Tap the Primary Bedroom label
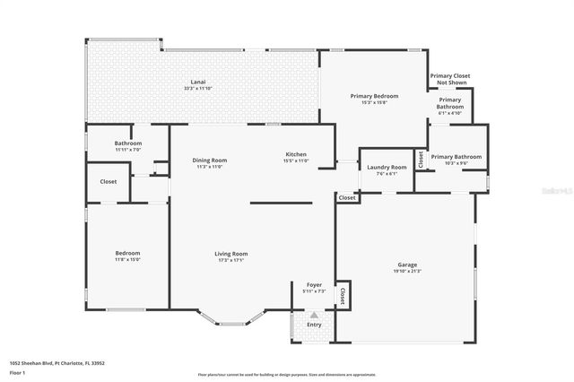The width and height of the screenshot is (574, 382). pyautogui.click(x=374, y=96)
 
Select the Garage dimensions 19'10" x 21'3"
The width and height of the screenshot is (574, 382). pyautogui.click(x=406, y=271)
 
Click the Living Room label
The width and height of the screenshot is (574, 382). pyautogui.click(x=230, y=254)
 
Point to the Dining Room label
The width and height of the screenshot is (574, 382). pyautogui.click(x=209, y=160)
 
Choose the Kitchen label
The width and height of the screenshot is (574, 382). pyautogui.click(x=296, y=153)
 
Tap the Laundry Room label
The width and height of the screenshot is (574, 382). pyautogui.click(x=387, y=167)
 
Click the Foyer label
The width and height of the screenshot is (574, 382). pyautogui.click(x=314, y=284)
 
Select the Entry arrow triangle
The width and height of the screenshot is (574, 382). pyautogui.click(x=314, y=315)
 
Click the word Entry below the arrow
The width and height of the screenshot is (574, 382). pyautogui.click(x=314, y=325)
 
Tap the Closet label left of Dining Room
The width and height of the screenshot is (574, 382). pyautogui.click(x=108, y=181)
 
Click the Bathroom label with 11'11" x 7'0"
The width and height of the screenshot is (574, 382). pyautogui.click(x=127, y=143)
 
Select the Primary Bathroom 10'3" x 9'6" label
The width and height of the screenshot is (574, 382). pyautogui.click(x=456, y=157)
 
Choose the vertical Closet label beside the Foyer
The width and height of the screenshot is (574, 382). pyautogui.click(x=342, y=294)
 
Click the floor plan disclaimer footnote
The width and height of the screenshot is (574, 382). pyautogui.click(x=300, y=375)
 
